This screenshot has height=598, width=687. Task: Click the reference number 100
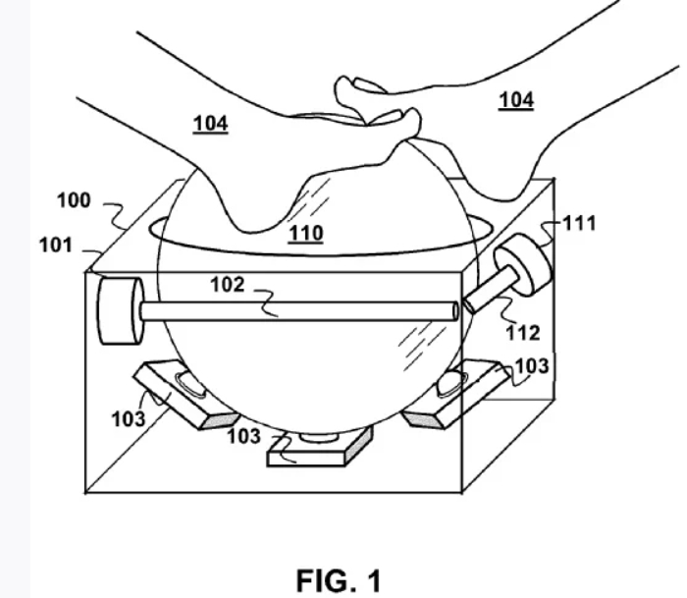point(74,200)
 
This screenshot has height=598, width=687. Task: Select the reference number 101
point(56,245)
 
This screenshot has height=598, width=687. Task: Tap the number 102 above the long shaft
point(228,285)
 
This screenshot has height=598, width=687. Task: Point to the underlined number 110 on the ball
point(306,234)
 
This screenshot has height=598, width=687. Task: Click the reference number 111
point(579,224)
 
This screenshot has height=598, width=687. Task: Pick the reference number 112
point(523,333)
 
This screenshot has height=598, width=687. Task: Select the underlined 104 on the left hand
point(211,124)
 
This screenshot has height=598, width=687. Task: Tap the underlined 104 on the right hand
point(516,100)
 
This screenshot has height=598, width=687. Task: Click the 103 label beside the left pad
point(129,419)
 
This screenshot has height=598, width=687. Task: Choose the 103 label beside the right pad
point(532,366)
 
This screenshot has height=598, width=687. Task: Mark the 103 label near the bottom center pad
point(244,436)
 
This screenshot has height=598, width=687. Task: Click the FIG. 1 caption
point(339,581)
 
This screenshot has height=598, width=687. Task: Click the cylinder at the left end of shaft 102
point(120,311)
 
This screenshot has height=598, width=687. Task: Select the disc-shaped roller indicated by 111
point(524,264)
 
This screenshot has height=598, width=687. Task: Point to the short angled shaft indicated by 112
point(490,290)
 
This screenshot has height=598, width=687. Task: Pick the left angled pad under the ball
point(186,393)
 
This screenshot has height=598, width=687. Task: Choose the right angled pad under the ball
point(455,393)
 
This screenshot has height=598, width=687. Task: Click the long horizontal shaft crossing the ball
point(299,311)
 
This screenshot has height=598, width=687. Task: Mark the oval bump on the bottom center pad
point(319,437)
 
